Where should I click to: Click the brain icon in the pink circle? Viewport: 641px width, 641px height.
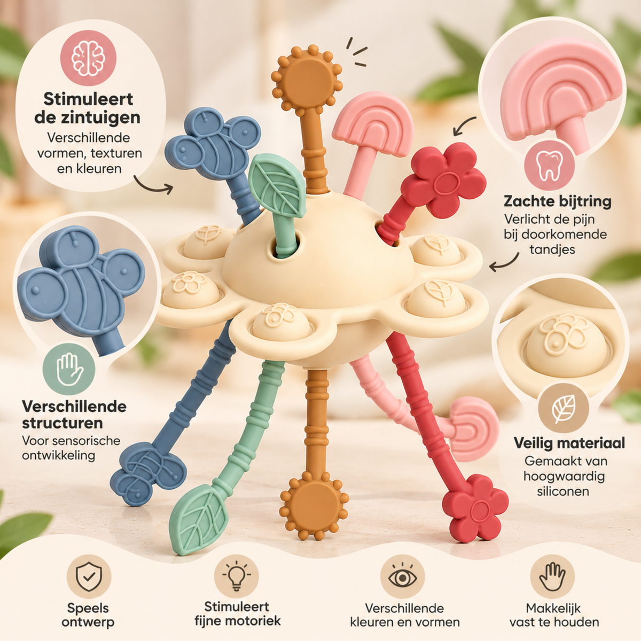click(88, 59)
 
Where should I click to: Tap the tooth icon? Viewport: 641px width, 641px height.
click(549, 166)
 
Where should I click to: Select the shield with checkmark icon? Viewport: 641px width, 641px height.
click(89, 577)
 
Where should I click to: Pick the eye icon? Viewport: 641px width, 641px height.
click(403, 577)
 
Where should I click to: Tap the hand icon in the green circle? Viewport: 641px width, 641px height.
click(69, 369)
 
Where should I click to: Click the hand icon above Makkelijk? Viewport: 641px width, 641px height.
click(552, 576)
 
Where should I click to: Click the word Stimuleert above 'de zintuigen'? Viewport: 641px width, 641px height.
click(88, 99)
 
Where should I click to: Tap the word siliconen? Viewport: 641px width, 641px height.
click(563, 491)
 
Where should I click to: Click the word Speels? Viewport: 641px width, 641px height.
click(88, 608)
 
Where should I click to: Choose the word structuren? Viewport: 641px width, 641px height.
click(62, 423)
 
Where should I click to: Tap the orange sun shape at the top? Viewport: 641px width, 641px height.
click(307, 79)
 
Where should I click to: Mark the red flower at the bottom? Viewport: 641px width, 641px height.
click(475, 509)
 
